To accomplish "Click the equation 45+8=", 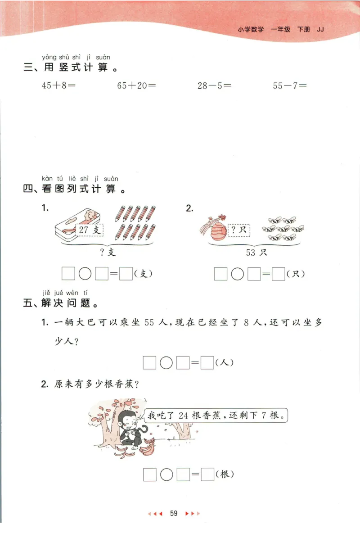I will [x=58, y=86].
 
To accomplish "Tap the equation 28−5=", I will [x=214, y=86].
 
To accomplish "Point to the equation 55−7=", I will [x=289, y=86].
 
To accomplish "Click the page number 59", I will [x=174, y=513].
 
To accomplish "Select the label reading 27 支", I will [x=90, y=230].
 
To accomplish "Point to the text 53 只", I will [x=256, y=253].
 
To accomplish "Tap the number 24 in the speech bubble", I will [x=184, y=415].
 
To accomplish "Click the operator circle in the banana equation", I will [x=166, y=474].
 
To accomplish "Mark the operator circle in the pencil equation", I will [x=85, y=273].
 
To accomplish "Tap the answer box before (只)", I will [x=279, y=273].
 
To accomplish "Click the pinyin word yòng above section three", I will [x=49, y=57].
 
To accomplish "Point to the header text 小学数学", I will [x=251, y=30].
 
